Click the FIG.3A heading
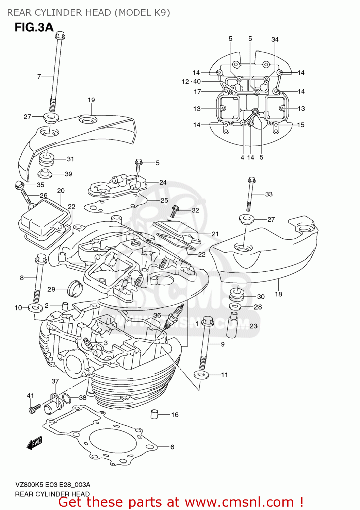coord(34,27)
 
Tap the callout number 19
coord(91,100)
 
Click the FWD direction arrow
coord(34,443)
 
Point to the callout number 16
coord(175,415)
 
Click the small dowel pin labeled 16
coord(154,414)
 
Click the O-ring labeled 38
coord(67,398)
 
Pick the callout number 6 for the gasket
coord(172,447)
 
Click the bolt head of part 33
coord(251,180)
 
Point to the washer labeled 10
coord(36,308)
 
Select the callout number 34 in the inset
coord(275,39)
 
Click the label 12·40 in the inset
coord(191,82)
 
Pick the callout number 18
coord(278,294)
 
